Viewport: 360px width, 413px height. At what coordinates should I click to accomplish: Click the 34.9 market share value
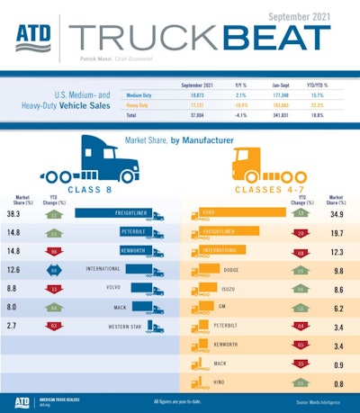coord(337,215)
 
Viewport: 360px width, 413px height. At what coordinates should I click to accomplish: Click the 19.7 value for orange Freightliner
coord(337,232)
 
